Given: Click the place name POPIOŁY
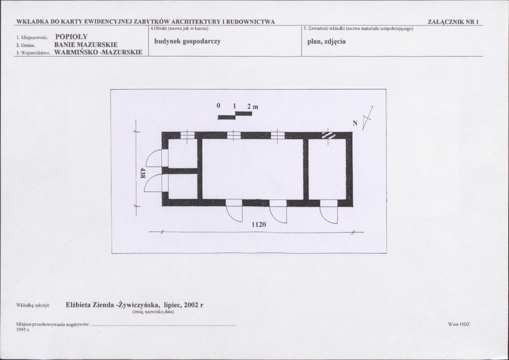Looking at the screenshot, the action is (x=71, y=37).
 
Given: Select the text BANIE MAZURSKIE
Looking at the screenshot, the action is (x=86, y=45).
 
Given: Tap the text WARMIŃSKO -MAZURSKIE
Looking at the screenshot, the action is (x=99, y=52).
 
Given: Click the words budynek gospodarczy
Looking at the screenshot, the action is (x=188, y=42).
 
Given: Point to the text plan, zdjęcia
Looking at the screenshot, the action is (x=327, y=42).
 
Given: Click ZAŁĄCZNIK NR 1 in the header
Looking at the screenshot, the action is (x=453, y=22).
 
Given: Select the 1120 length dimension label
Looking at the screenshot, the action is (x=259, y=224).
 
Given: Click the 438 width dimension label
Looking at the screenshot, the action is (x=142, y=173).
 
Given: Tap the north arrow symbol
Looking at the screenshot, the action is (x=368, y=117).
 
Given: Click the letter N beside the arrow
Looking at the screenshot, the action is (x=355, y=123).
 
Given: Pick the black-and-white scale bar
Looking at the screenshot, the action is (x=235, y=115).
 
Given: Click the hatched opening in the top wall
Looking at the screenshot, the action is (x=328, y=135).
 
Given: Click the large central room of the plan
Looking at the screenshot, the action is (x=252, y=169).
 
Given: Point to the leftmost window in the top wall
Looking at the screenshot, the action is (x=187, y=135).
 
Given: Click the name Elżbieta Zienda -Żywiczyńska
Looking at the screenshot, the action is (x=112, y=305).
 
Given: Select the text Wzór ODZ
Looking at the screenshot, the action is (x=459, y=324).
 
